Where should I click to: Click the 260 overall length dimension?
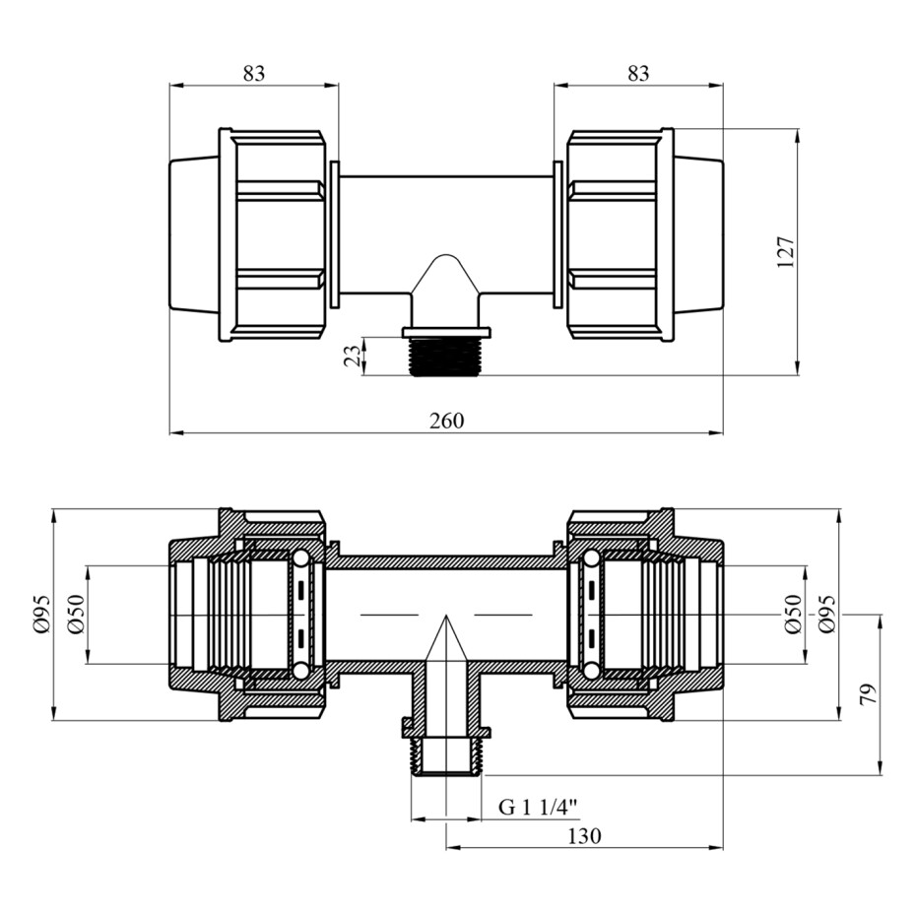447,421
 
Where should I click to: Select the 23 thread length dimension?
353,357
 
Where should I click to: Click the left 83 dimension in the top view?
253,73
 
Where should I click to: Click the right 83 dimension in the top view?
638,73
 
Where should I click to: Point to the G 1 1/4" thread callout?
538,808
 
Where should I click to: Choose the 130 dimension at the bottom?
584,836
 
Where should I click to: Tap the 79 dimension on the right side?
870,694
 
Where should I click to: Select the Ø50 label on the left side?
77,614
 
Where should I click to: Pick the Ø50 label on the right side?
793,614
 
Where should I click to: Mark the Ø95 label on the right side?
827,614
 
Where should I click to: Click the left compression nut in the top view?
272,234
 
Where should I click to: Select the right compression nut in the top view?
621,234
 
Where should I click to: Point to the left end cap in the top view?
194,234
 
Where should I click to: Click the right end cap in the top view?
698,234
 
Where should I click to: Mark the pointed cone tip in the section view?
446,616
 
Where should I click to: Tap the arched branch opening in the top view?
446,274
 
